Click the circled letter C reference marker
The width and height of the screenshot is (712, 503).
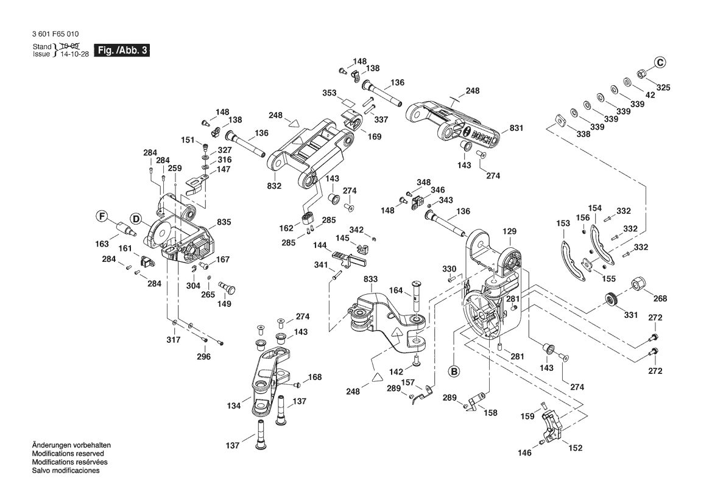pos(661,62)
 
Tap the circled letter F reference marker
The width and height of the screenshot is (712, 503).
pos(102,216)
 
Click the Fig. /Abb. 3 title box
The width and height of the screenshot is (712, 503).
pos(121,51)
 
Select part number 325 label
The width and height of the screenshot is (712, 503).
pos(663,88)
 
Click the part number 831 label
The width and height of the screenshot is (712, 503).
pos(516,128)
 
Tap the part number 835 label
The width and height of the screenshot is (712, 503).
pos(224,223)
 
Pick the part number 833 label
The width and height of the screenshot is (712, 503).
pos(371,279)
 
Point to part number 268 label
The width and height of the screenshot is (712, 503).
pos(660,298)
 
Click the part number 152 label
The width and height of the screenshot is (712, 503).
pos(575,448)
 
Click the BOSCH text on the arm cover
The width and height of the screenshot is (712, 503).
pos(480,137)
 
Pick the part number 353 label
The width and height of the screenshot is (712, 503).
pos(330,93)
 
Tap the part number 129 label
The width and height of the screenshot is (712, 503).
pos(509,231)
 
